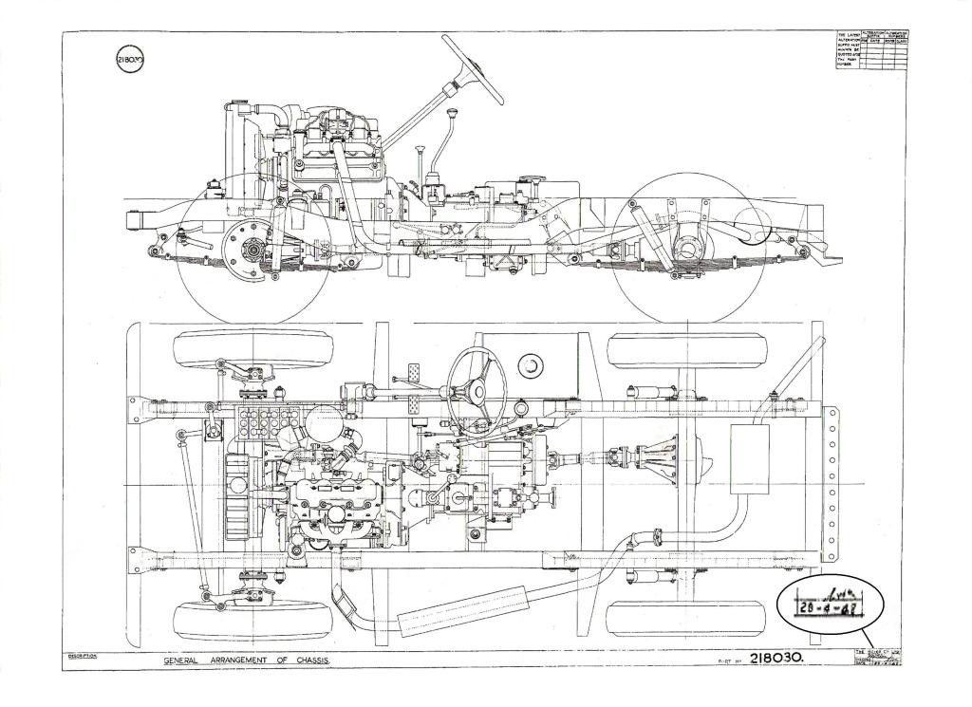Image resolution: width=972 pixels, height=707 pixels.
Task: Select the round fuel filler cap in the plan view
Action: (529, 363)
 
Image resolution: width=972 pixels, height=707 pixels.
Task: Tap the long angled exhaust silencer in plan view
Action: (464, 610)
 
